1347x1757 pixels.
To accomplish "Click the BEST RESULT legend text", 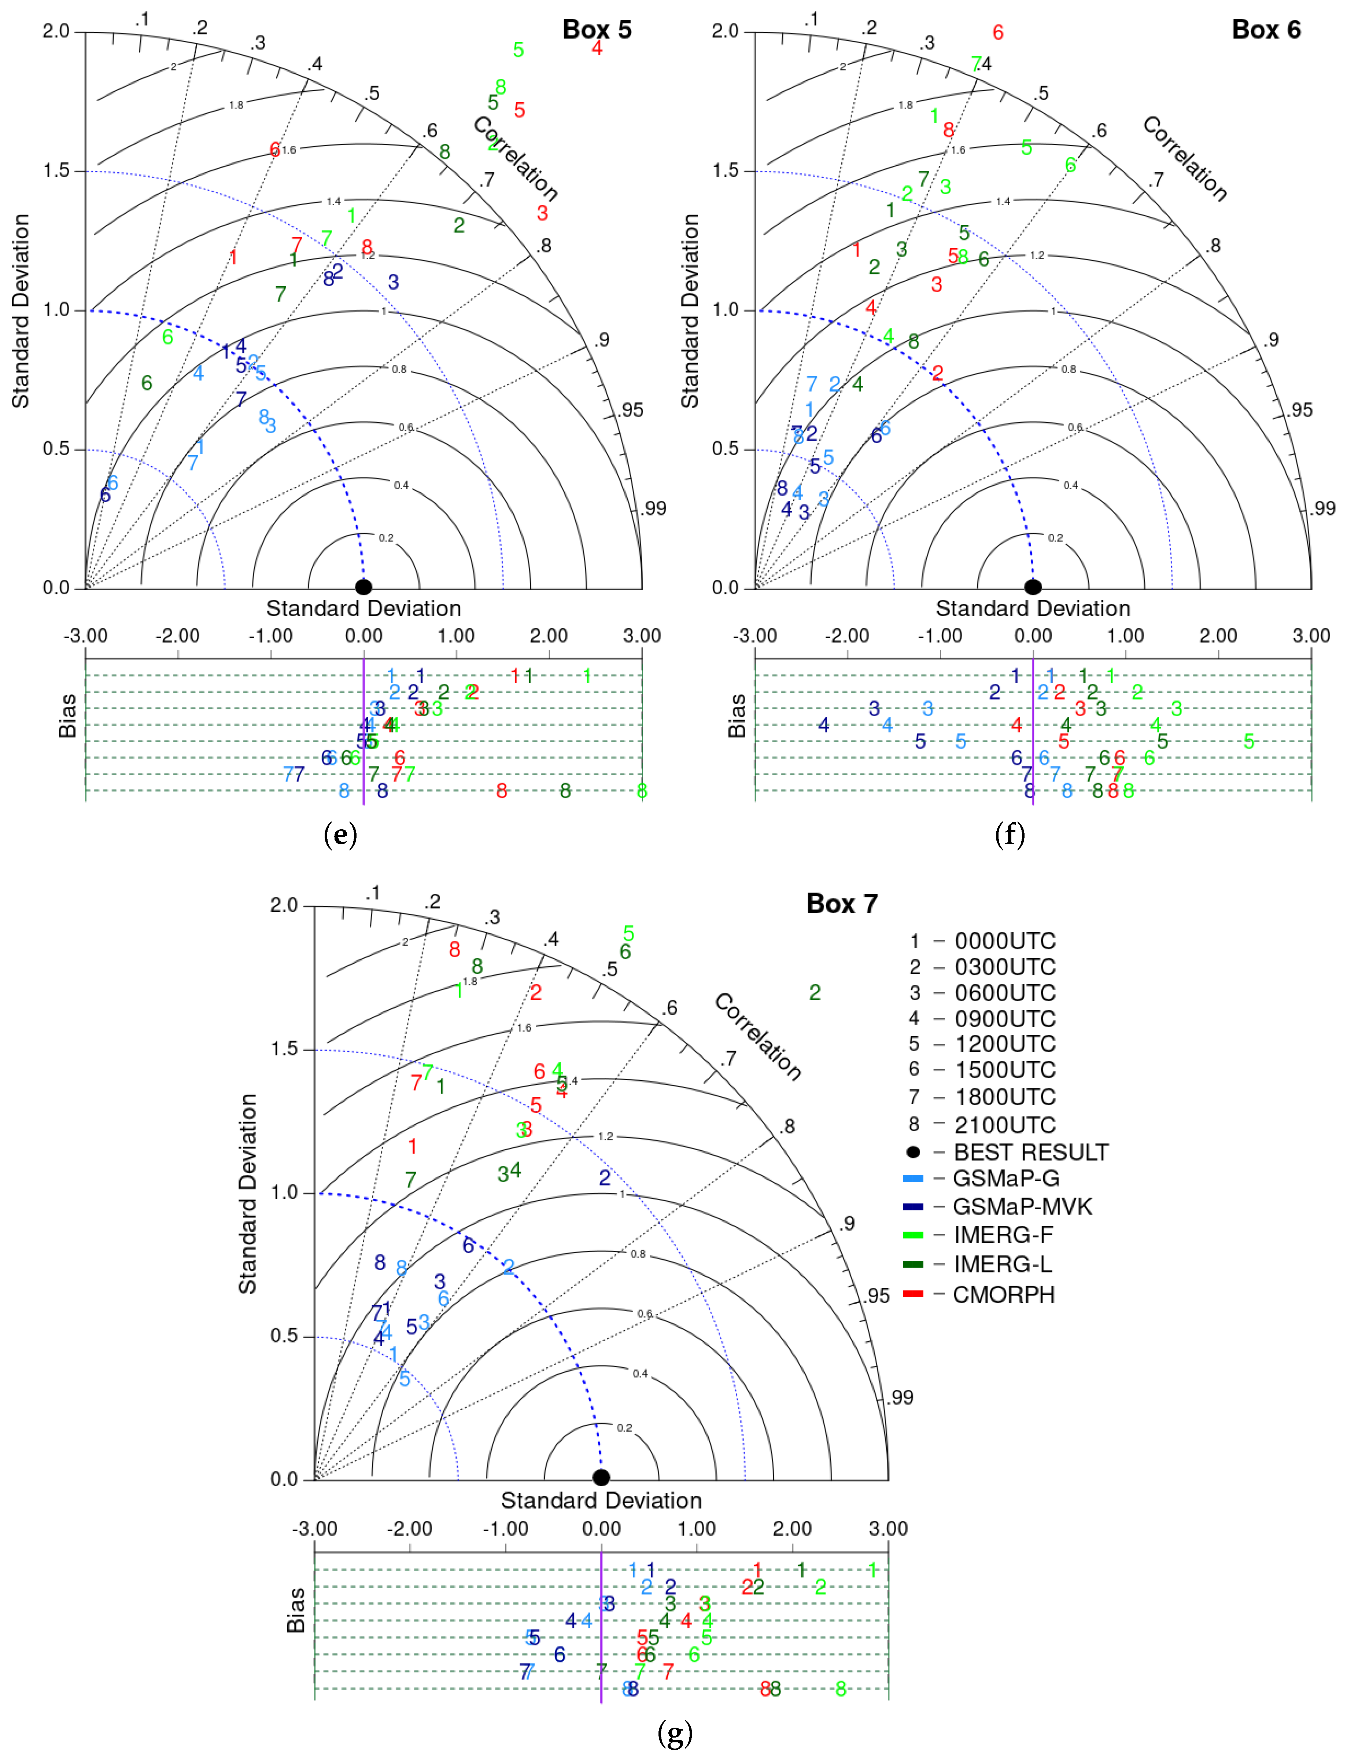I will (1030, 1153).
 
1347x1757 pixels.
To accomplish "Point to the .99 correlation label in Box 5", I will (654, 508).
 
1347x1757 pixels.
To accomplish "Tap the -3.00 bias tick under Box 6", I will (754, 636).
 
